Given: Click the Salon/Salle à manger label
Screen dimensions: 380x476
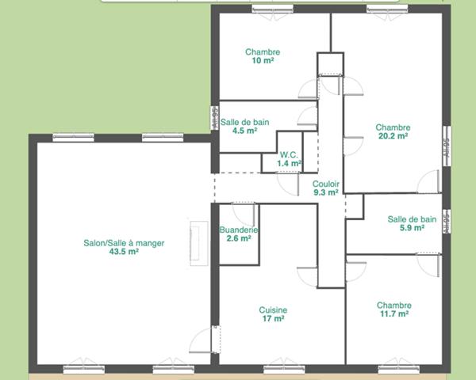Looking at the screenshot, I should point(124,243).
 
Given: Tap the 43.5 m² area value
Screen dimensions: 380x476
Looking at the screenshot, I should point(124,252).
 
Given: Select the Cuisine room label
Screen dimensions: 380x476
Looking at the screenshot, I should point(273,310).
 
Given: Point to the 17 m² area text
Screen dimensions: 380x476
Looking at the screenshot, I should point(273,319).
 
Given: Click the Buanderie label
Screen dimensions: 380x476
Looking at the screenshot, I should point(239,230).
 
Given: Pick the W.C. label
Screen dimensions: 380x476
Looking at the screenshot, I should point(289,154).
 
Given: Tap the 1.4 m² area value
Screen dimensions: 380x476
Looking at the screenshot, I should point(289,163).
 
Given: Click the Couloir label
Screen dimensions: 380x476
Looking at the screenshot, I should point(326,183).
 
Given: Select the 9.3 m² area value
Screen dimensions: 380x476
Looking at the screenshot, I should point(326,192).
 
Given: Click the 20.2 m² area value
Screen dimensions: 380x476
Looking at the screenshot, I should point(393,135).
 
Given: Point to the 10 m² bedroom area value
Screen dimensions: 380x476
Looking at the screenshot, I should point(263,61).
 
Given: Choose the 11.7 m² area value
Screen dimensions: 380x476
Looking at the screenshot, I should point(393,313).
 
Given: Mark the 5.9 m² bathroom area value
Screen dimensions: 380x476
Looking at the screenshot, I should point(412,228).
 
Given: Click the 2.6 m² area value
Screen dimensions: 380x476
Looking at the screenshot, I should point(239,238).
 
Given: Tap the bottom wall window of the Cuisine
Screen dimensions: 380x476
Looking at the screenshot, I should point(285,367).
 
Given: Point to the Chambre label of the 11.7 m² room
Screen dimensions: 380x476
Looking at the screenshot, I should point(393,305).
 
